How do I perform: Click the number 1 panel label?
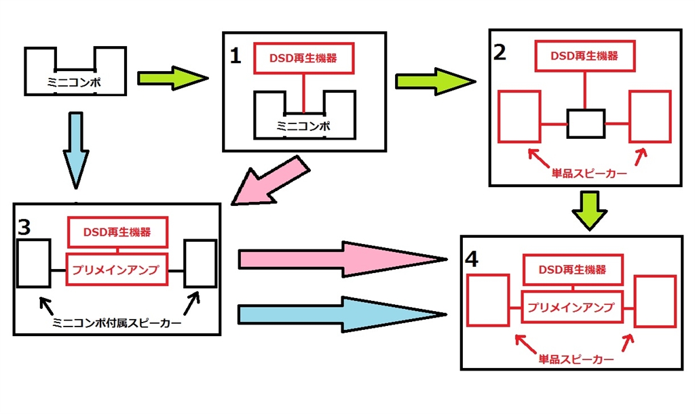pyautogui.click(x=235, y=56)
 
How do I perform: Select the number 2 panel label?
pyautogui.click(x=500, y=54)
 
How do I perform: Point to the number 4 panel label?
pyautogui.click(x=473, y=258)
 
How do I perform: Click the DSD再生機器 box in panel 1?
pyautogui.click(x=305, y=59)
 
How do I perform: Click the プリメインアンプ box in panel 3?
pyautogui.click(x=117, y=269)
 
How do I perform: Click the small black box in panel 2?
pyautogui.click(x=586, y=123)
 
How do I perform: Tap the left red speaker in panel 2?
pyautogui.click(x=519, y=117)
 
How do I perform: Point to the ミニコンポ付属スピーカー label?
pyautogui.click(x=117, y=324)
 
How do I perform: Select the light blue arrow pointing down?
pyautogui.click(x=75, y=149)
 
